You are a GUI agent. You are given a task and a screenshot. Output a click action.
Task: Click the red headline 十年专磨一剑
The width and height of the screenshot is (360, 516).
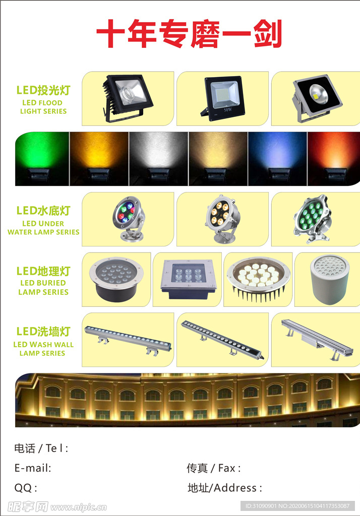click(189, 33)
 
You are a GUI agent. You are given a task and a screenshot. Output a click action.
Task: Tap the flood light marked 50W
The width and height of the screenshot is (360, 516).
click(223, 98)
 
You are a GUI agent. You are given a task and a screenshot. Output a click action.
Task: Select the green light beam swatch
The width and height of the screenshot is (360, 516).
click(42, 159)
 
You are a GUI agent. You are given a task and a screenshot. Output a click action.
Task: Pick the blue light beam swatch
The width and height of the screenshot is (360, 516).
click(277, 159)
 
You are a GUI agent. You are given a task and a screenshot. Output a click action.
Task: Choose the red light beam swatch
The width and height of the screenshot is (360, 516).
click(334, 159)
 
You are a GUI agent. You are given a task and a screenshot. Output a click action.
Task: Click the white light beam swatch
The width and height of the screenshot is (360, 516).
click(158, 159)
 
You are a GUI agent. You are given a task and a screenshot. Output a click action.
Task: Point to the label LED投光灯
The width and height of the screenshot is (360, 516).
click(43, 90)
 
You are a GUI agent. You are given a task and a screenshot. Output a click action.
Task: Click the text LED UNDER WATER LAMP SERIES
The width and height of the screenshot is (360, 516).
click(43, 228)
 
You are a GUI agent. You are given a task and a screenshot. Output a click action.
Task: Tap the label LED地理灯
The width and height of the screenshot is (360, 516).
click(43, 271)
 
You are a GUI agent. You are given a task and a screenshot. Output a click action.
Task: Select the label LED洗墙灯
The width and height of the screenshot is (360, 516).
click(43, 332)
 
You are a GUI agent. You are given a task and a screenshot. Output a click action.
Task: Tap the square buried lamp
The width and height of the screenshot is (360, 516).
click(188, 279)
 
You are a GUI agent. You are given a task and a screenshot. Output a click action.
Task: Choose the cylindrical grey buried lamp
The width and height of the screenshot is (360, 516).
click(330, 280)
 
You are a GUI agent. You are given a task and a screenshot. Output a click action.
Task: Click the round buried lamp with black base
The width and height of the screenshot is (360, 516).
click(116, 279)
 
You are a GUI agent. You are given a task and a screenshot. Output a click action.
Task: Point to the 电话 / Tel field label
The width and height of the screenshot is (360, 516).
click(41, 448)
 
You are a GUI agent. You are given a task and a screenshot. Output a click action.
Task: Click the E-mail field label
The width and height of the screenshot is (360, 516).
click(33, 468)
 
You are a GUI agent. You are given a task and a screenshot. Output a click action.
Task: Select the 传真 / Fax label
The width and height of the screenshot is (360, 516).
click(214, 468)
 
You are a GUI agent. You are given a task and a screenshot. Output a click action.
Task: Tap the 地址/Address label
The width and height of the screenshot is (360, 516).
click(225, 487)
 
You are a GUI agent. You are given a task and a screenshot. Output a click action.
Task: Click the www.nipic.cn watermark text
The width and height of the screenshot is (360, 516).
click(78, 507)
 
